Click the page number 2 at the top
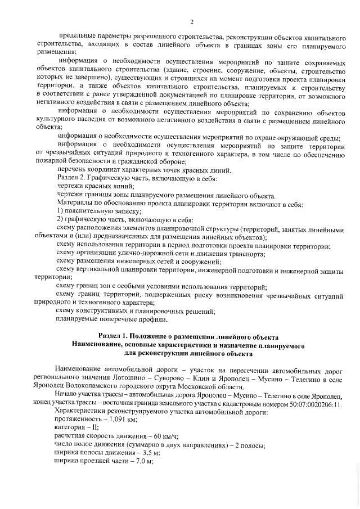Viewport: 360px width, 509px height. click(192, 22)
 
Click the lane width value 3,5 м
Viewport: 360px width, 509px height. click(134, 453)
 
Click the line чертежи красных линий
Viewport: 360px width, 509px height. click(96, 186)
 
